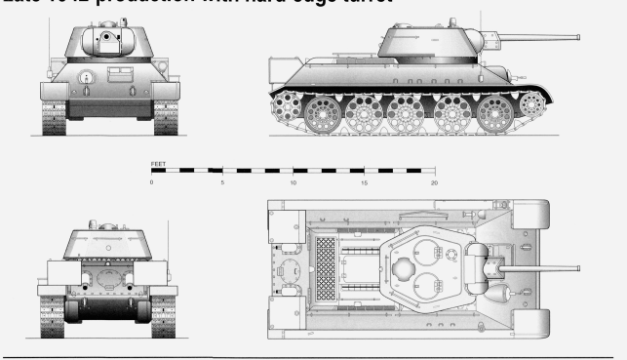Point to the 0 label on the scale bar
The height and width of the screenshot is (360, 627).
point(151,182)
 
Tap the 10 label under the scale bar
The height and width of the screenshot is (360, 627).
point(293,182)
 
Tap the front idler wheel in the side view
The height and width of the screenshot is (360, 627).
point(531,101)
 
